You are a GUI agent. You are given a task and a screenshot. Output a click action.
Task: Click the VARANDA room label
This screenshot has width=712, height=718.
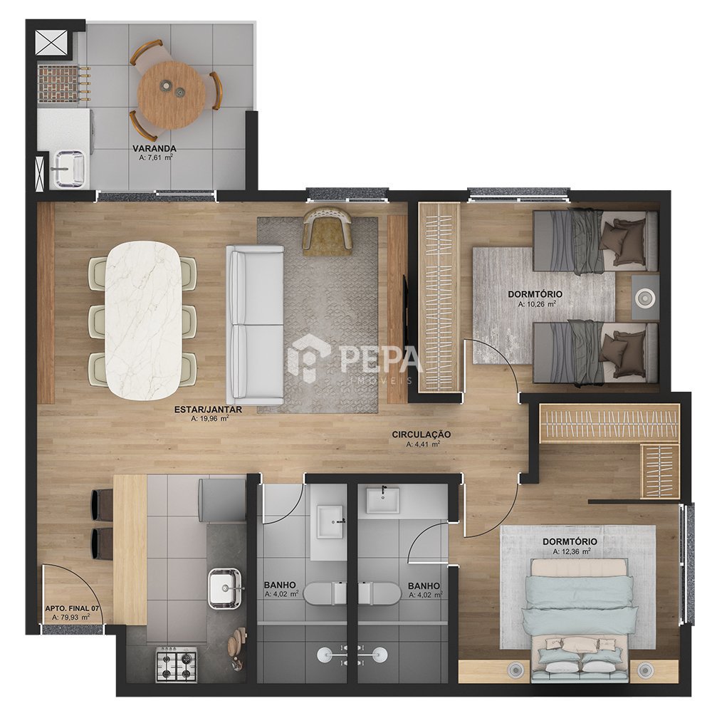[x=155, y=148]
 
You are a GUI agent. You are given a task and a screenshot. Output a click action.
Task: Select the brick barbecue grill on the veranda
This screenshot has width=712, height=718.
[x=58, y=83]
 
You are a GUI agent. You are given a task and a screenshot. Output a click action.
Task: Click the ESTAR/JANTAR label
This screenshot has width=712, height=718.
[x=208, y=410]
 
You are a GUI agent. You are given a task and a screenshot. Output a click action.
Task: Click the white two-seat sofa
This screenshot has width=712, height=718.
[x=255, y=324]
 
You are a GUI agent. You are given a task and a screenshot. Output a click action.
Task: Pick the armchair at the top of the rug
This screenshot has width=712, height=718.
[x=328, y=230]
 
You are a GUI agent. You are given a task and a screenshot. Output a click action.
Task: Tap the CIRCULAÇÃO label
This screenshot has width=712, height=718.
[x=422, y=435]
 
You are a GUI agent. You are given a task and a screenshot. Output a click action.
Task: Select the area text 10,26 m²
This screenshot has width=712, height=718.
[x=537, y=303]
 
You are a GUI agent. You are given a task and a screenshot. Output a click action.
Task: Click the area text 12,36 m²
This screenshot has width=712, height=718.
[x=572, y=552]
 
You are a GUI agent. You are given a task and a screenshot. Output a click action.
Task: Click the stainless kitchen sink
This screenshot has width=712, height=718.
[x=225, y=588]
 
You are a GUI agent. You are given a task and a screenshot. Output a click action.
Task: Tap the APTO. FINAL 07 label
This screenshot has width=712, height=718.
[x=73, y=608]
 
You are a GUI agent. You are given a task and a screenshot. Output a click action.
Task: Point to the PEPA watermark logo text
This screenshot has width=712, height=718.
[x=379, y=360]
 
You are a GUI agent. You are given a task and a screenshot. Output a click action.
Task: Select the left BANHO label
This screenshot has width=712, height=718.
[x=280, y=586]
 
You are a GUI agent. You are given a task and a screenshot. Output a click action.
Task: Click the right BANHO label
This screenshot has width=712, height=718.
[x=424, y=586]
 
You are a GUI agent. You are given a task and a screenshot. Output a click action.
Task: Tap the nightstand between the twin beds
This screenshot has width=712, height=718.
[x=645, y=298]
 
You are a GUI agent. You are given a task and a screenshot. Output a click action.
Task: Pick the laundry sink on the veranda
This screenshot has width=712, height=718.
[x=69, y=170]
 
